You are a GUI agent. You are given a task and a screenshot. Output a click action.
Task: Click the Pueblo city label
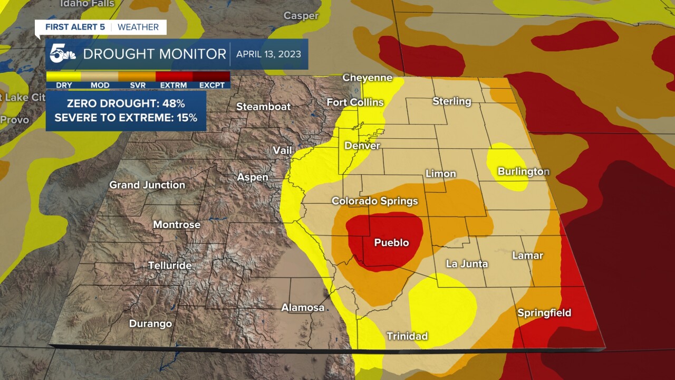[x=391, y=243]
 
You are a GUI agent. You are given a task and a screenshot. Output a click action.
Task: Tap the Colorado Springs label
[x=374, y=201]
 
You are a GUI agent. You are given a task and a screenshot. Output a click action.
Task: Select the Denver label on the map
[x=362, y=146]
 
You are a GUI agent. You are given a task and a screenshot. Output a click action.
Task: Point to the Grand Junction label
[x=147, y=185]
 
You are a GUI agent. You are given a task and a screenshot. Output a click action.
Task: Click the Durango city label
[x=150, y=324]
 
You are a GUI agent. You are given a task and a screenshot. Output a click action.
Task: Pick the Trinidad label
[x=407, y=336]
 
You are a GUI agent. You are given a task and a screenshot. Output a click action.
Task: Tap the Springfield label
[x=544, y=313]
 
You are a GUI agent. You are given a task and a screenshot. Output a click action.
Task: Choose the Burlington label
[x=523, y=172]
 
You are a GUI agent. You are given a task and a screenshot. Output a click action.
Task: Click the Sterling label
[x=451, y=101]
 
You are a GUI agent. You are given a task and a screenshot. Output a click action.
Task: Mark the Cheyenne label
[x=368, y=78]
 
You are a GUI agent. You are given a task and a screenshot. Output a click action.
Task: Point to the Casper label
[x=301, y=16]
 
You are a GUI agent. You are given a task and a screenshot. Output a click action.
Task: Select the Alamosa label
[x=303, y=307]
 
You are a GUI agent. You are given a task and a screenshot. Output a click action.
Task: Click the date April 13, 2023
[x=269, y=54]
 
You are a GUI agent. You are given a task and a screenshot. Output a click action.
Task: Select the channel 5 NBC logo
[x=63, y=54]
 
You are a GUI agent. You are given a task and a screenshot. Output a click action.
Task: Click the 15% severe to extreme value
[x=187, y=118]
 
